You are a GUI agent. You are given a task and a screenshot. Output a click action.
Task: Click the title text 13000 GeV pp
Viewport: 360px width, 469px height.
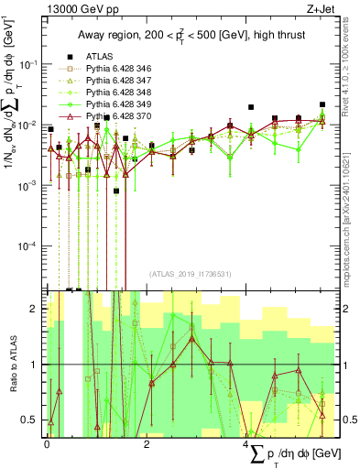point(76,11)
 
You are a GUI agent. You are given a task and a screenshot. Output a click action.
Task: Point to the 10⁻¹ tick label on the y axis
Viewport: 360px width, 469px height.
point(29,63)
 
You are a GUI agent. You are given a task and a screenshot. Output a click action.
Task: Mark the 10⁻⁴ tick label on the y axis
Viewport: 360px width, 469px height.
point(29,246)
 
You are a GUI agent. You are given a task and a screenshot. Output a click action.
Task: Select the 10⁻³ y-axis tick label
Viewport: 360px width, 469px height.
point(29,185)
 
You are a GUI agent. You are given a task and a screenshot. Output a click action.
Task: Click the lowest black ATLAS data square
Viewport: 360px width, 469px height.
point(116,191)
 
